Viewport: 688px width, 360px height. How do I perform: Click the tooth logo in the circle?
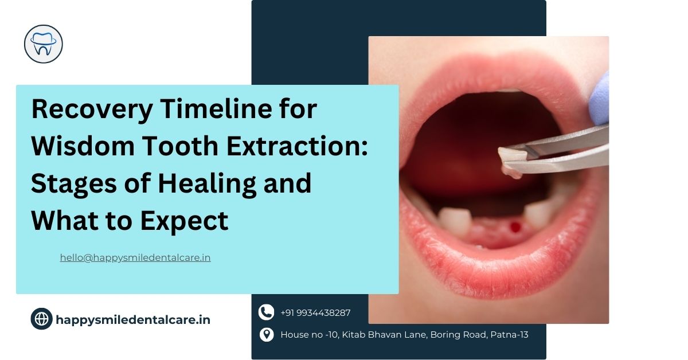pos(44,44)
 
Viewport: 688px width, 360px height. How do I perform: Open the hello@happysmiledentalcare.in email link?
pos(135,258)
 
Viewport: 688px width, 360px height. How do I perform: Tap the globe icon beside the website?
pos(41,319)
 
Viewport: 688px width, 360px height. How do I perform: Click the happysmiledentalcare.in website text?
pos(133,320)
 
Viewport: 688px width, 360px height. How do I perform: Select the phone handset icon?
pos(266,312)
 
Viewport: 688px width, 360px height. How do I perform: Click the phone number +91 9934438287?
pos(315,313)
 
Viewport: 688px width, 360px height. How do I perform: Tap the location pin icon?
pos(266,335)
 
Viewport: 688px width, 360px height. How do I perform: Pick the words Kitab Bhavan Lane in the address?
pos(378,335)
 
